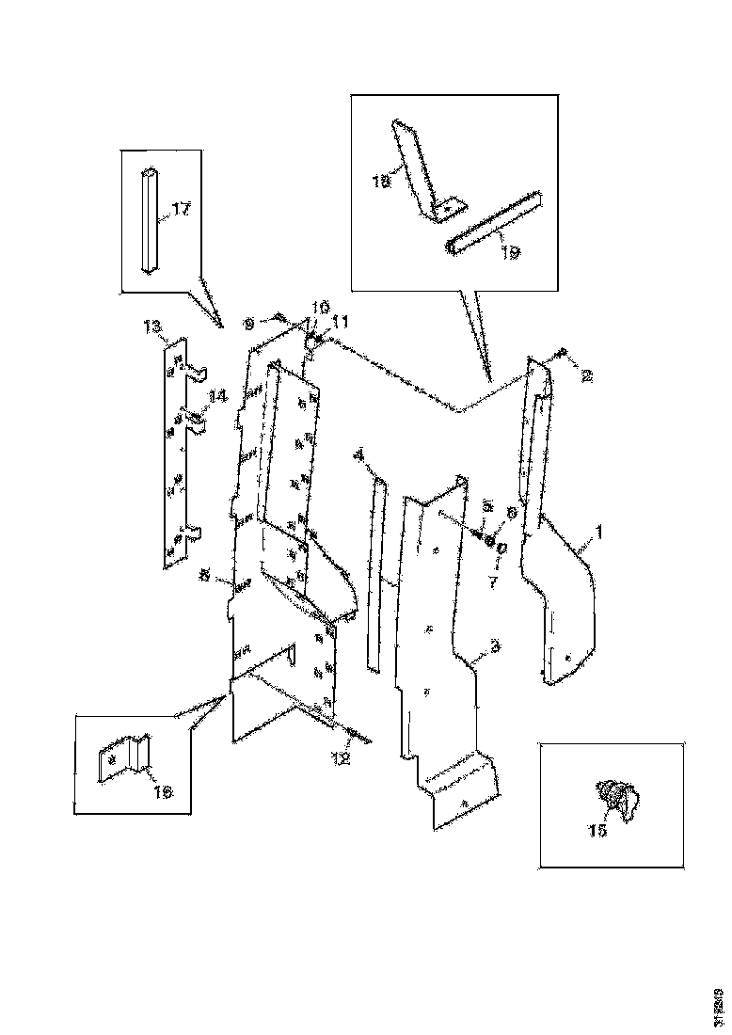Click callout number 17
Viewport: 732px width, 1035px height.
tap(181, 210)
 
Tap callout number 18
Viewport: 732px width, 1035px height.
tap(380, 181)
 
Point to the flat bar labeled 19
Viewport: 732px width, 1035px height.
tap(497, 224)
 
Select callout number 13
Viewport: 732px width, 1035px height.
tap(152, 326)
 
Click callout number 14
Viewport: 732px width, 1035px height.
tap(217, 398)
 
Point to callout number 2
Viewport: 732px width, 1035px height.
tap(586, 376)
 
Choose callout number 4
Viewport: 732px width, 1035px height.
tap(358, 454)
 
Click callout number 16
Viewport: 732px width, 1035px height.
tap(163, 792)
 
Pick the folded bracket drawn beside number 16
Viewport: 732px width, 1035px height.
tap(123, 757)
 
